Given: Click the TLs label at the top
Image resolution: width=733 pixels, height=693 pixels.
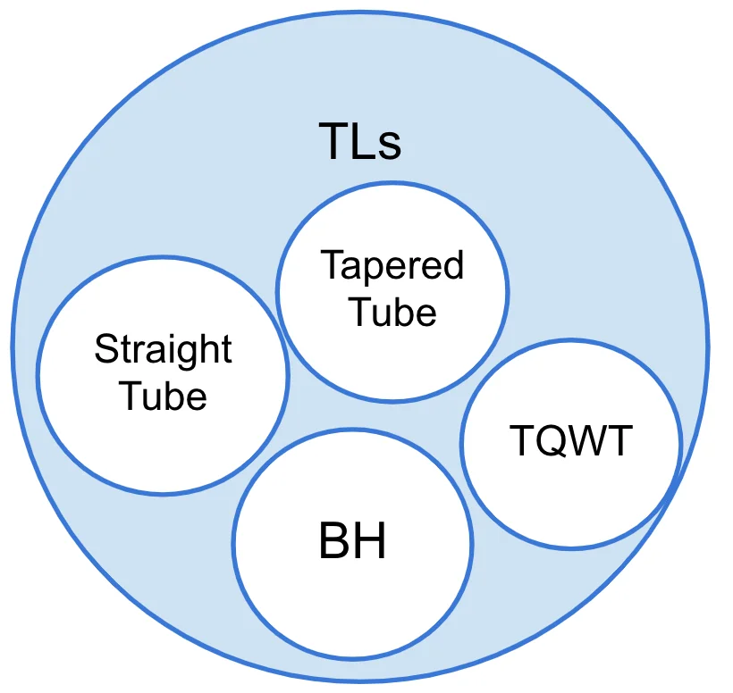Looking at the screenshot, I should pos(360,142).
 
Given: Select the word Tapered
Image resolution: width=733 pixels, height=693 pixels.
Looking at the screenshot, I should pos(392,266).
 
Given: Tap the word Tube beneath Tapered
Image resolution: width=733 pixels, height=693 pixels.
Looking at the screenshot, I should pos(392,312).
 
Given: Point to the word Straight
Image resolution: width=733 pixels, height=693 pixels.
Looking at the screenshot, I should pos(163,349).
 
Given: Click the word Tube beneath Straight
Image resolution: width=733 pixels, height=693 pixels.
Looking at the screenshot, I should pos(163,396).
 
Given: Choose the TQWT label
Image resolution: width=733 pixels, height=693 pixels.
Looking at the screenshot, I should pos(571,440).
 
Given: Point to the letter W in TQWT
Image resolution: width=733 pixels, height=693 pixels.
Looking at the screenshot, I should pos(586,440).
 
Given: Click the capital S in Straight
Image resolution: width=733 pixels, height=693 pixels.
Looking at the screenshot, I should pos(105,349).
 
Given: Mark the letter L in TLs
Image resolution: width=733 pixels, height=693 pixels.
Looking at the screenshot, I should pos(362,142).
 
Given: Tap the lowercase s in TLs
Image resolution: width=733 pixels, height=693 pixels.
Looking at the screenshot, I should pos(389,146).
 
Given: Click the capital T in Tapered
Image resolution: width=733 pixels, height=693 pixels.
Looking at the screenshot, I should pos(330,265).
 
